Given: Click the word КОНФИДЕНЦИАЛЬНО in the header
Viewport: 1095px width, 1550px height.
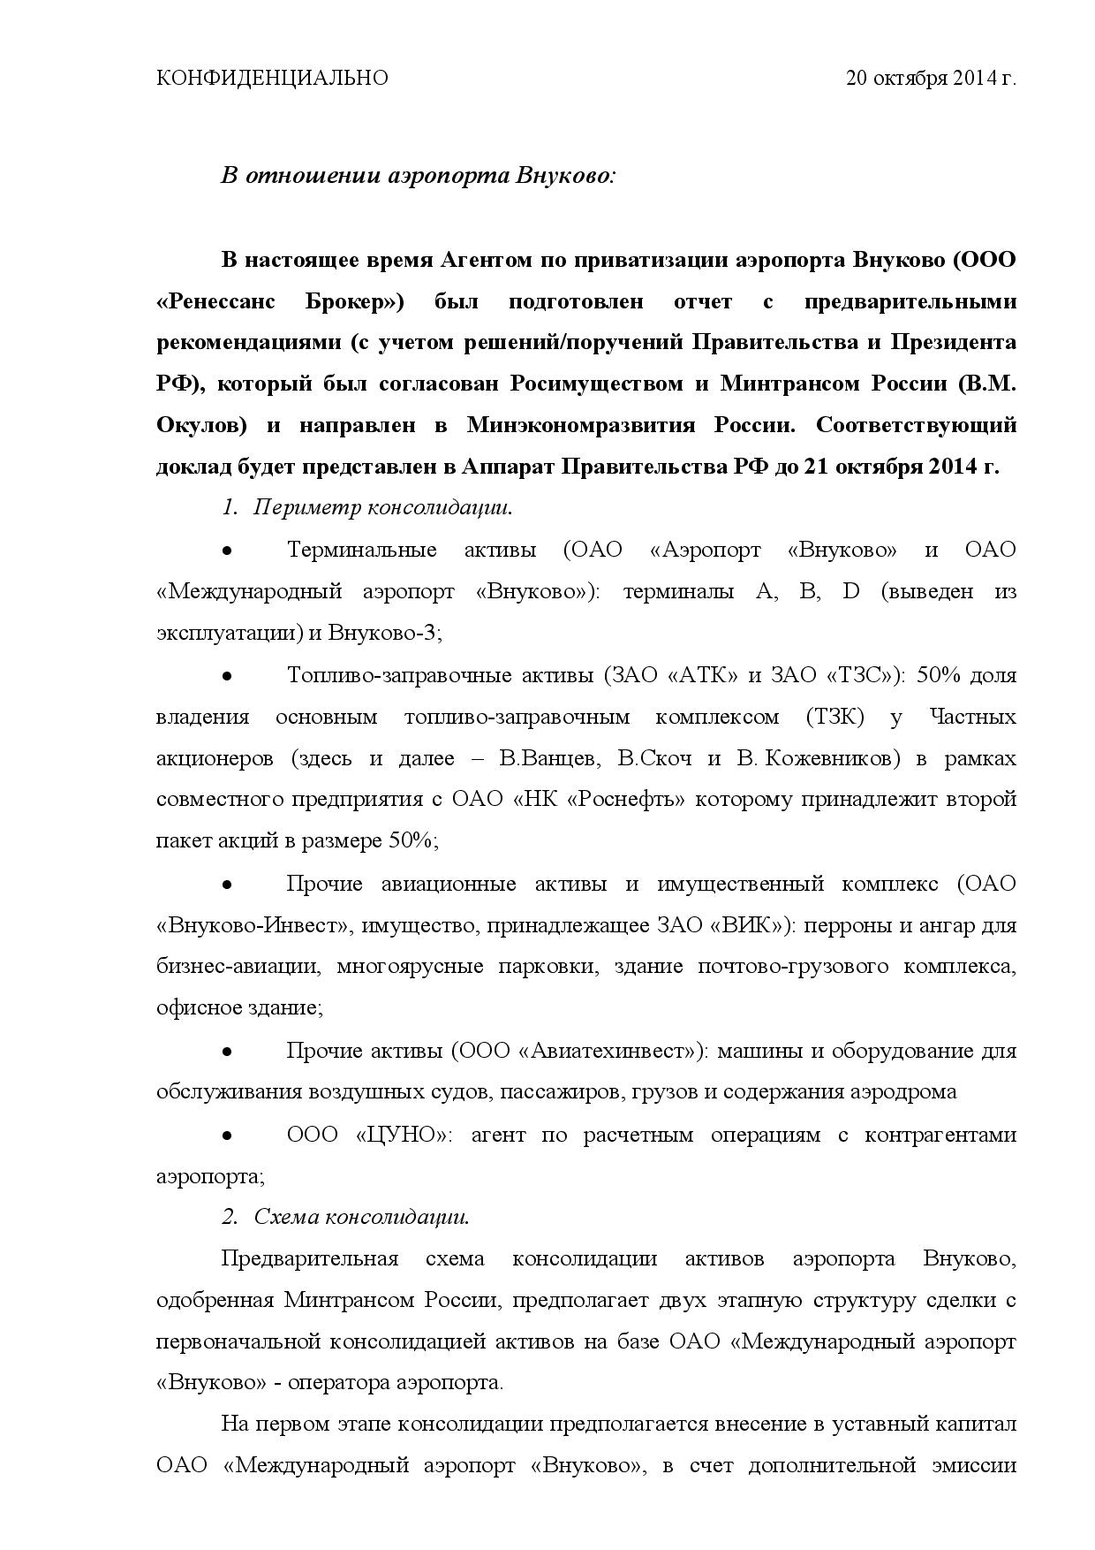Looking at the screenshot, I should pos(272,79).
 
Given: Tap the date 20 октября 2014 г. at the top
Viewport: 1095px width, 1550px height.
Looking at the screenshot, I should pos(932,79).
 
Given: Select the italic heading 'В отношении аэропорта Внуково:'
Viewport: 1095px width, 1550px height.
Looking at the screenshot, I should pos(418,176).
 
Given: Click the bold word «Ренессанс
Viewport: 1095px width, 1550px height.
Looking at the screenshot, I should pos(215,301).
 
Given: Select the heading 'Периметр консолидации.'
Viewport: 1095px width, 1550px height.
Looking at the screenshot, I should pos(383,508).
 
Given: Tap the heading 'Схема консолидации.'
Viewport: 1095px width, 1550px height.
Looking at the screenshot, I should pos(361,1217).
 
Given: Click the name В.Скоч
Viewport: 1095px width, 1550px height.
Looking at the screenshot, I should pos(654,758).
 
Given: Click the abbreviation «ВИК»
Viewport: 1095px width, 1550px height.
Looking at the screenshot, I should pos(746,925).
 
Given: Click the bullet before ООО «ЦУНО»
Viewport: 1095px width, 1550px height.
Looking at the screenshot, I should pos(227,1135).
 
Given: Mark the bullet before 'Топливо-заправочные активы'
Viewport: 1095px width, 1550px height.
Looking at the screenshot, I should pos(227,676).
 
